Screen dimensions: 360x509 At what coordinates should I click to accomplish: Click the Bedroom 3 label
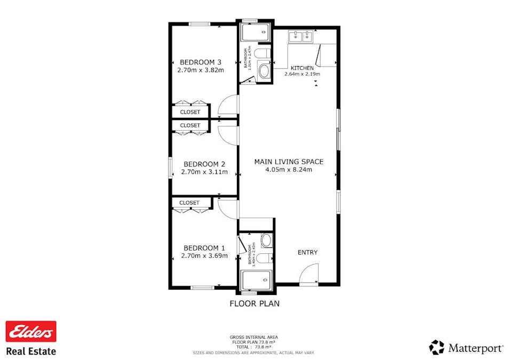point(200,61)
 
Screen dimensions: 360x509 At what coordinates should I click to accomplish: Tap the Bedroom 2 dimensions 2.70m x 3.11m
point(204,172)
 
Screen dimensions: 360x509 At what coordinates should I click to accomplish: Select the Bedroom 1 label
point(204,248)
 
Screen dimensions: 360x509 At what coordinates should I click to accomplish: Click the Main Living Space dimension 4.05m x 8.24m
point(288,170)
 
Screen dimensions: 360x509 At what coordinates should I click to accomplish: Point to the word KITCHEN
point(302,68)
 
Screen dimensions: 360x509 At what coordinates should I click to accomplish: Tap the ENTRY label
point(307,252)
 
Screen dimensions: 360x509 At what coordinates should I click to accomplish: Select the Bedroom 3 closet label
point(190,112)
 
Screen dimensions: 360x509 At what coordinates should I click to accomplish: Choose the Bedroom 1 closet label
point(189,203)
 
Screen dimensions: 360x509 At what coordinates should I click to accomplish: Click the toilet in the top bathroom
point(261,53)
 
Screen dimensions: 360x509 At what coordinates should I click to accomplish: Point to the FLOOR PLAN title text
point(254,304)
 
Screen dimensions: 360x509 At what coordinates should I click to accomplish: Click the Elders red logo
point(31,331)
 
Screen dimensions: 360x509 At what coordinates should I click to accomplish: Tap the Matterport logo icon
point(436,347)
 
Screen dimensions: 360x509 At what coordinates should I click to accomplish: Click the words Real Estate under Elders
point(31,351)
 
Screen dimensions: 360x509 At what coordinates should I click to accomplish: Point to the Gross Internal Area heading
point(253,337)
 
